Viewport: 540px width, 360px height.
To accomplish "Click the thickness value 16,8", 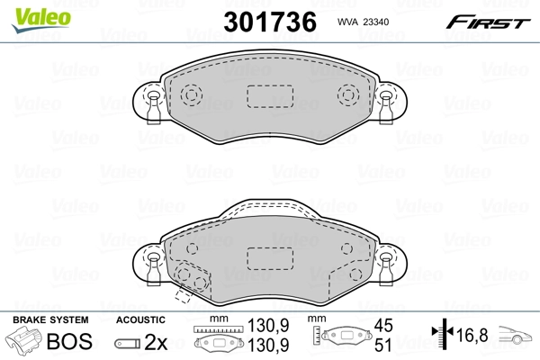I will click(x=473, y=337).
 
